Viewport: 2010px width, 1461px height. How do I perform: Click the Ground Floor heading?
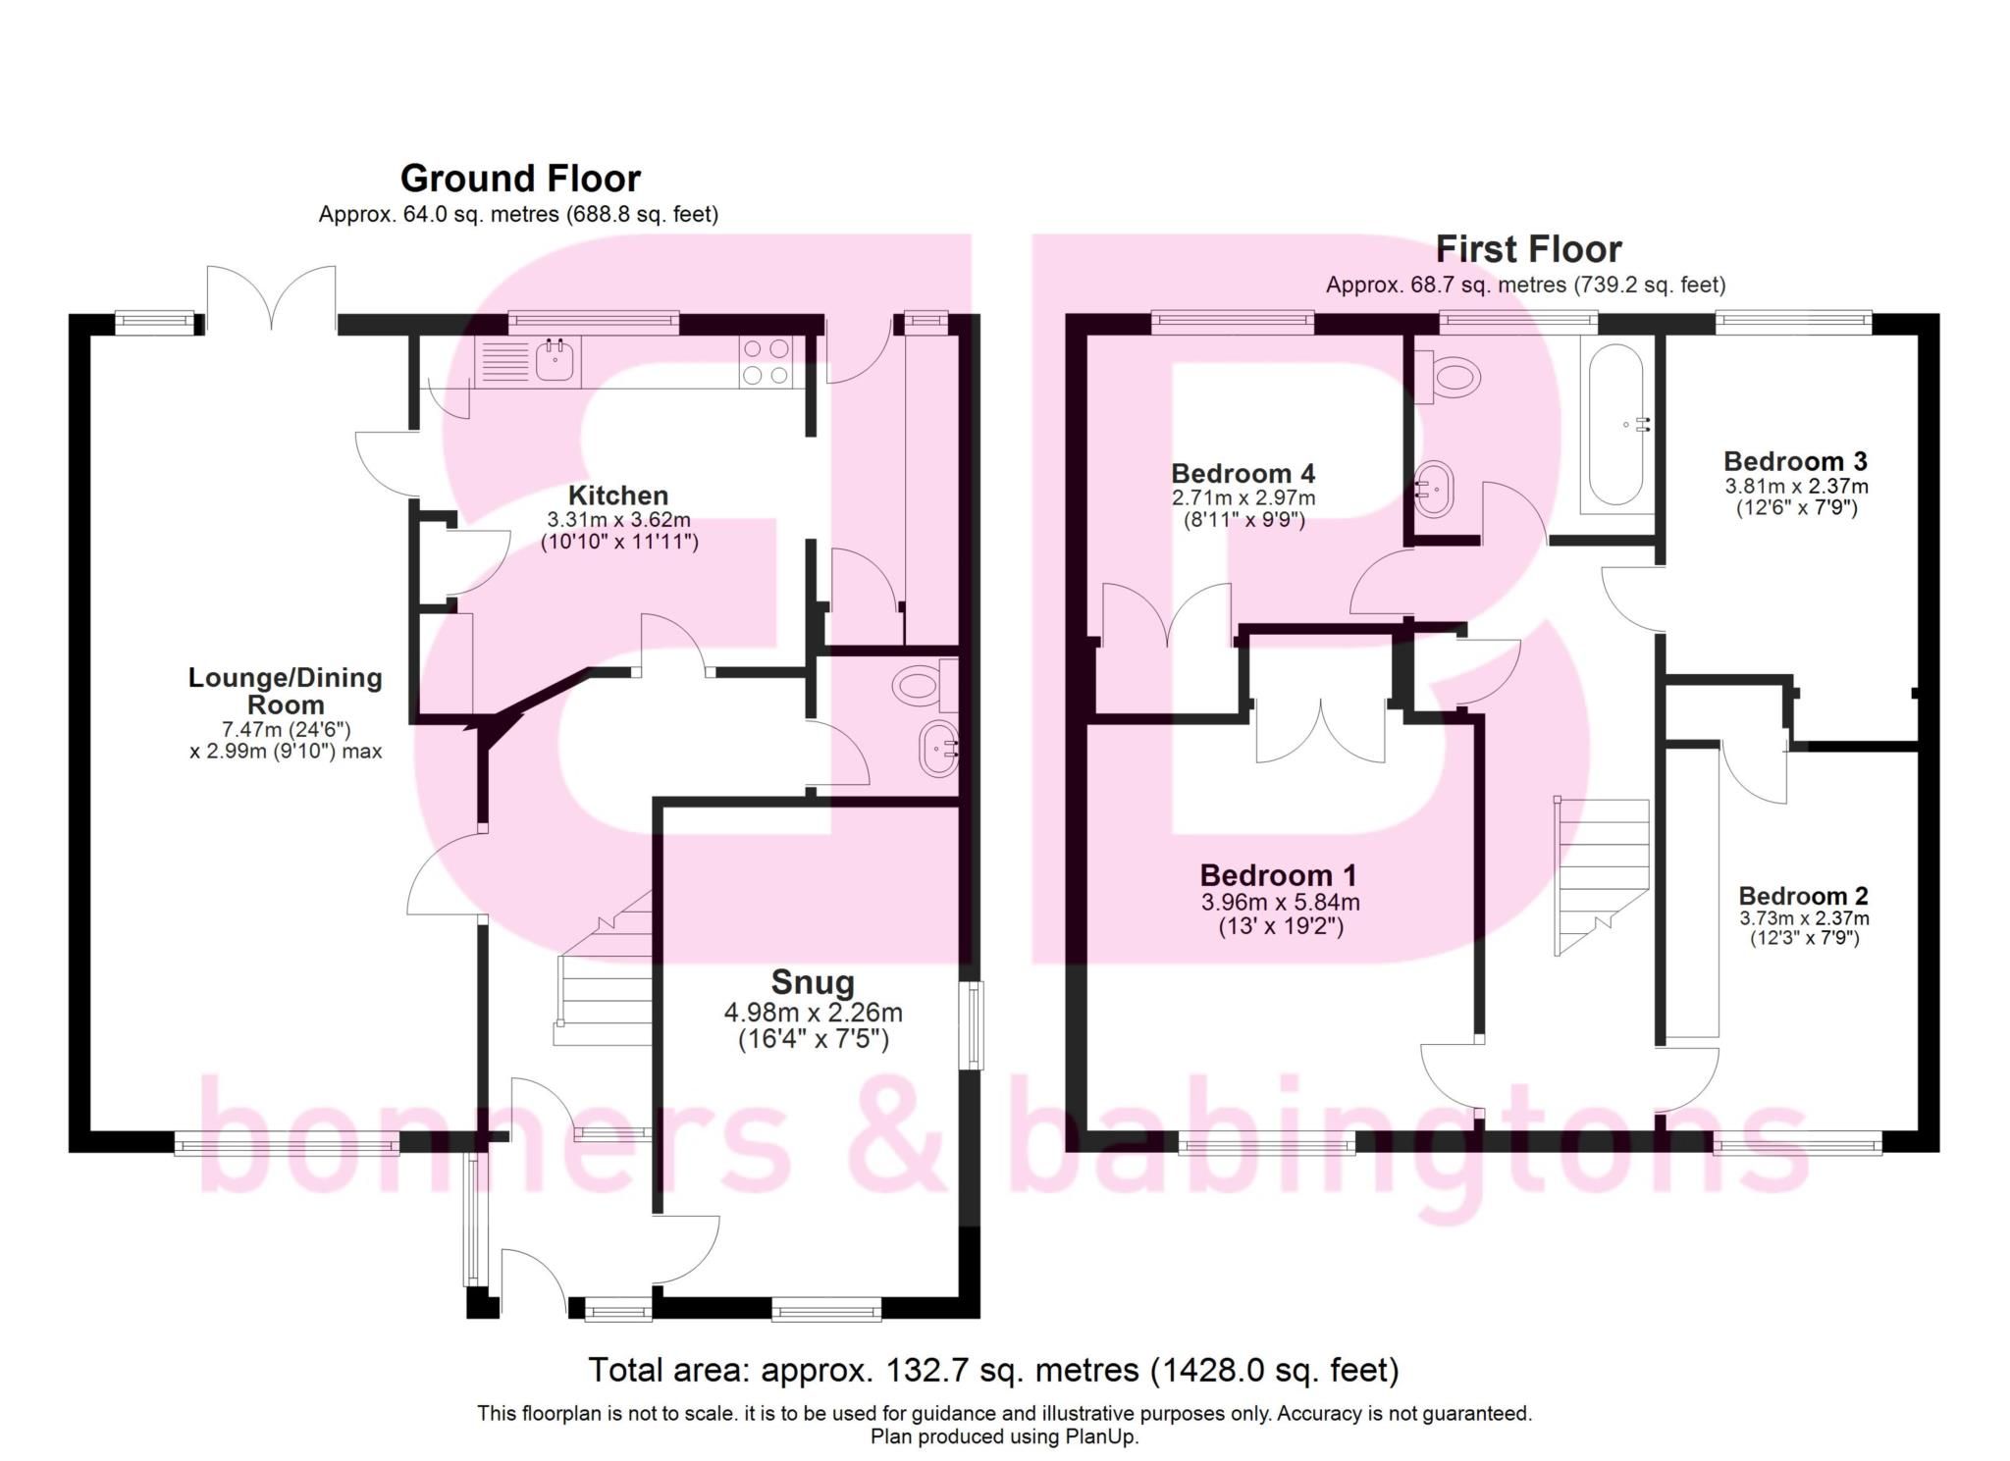point(520,179)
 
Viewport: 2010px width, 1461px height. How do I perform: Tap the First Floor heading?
point(1528,249)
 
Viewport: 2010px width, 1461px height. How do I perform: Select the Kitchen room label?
point(618,496)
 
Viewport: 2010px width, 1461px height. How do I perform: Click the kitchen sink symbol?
point(555,360)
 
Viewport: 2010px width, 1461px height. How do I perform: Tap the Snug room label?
point(813,982)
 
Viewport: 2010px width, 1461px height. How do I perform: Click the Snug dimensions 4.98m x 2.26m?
point(813,1013)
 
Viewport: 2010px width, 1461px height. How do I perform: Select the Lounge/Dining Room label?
point(285,691)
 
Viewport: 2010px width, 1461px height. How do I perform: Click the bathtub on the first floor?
point(1614,425)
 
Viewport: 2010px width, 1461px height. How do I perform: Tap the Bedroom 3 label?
point(1795,461)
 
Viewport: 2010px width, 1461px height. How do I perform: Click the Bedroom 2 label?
point(1803,896)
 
